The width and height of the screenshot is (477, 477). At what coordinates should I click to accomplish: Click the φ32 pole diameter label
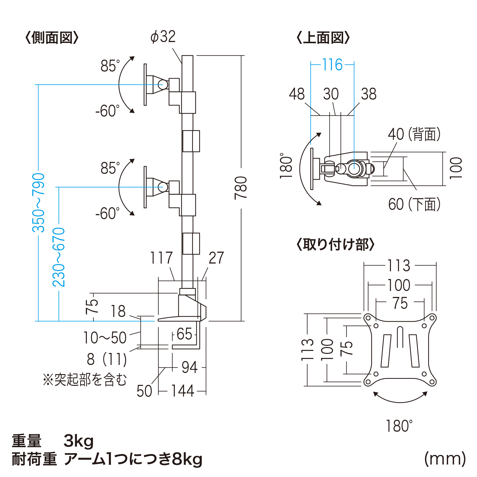[x=163, y=37]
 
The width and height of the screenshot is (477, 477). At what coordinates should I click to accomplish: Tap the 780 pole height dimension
[x=241, y=188]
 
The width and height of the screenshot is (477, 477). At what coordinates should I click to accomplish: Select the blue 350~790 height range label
[x=39, y=203]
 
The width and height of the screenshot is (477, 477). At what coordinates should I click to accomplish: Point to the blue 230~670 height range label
[x=59, y=257]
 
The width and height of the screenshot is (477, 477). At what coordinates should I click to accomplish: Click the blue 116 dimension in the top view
[x=332, y=65]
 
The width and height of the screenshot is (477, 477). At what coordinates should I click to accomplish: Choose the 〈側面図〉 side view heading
[x=52, y=38]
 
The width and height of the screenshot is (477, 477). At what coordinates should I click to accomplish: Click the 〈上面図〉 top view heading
[x=323, y=38]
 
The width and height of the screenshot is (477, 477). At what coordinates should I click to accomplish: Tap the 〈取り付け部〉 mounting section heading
[x=335, y=244]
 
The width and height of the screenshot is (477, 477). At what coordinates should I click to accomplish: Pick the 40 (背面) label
[x=414, y=134]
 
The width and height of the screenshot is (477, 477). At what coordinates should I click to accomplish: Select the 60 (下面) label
[x=414, y=205]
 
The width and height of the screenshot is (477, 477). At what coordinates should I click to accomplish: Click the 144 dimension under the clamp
[x=183, y=391]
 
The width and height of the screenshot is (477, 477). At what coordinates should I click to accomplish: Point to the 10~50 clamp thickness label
[x=105, y=338]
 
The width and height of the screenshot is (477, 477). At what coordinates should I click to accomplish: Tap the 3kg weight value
[x=79, y=441]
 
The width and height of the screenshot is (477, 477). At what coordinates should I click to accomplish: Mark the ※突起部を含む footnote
[x=85, y=380]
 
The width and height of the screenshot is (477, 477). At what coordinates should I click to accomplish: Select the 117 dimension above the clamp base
[x=161, y=258]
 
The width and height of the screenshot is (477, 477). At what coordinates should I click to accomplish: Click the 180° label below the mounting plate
[x=399, y=426]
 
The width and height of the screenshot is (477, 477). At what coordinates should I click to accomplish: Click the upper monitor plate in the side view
[x=145, y=85]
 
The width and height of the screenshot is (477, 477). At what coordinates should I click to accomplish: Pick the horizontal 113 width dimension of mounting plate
[x=399, y=265]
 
